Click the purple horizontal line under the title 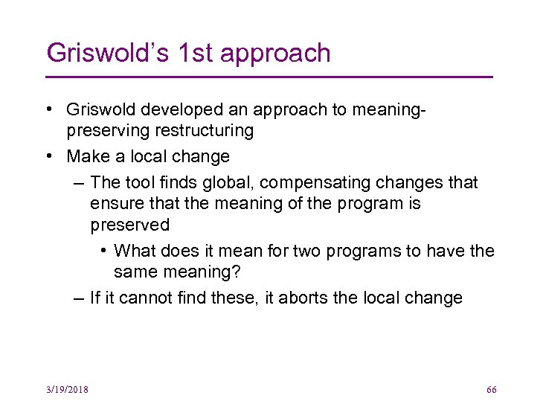269,77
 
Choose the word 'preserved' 130,225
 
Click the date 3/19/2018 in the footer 67,390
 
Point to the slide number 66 491,390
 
